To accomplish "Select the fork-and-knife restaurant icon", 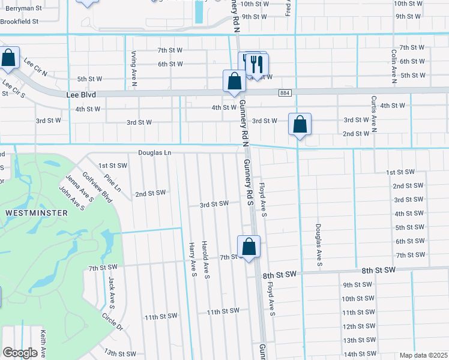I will tap(256, 64).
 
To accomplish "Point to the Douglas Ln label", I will tap(155, 153).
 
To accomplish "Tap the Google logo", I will tap(20, 353).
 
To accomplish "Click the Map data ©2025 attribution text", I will tap(423, 355).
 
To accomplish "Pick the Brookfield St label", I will tap(19, 21).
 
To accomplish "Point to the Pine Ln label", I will tap(112, 183).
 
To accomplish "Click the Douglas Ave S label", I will tap(319, 246).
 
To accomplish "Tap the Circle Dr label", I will tap(112, 322).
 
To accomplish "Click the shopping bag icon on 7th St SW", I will tap(249, 247).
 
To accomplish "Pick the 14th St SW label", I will tap(360, 353).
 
